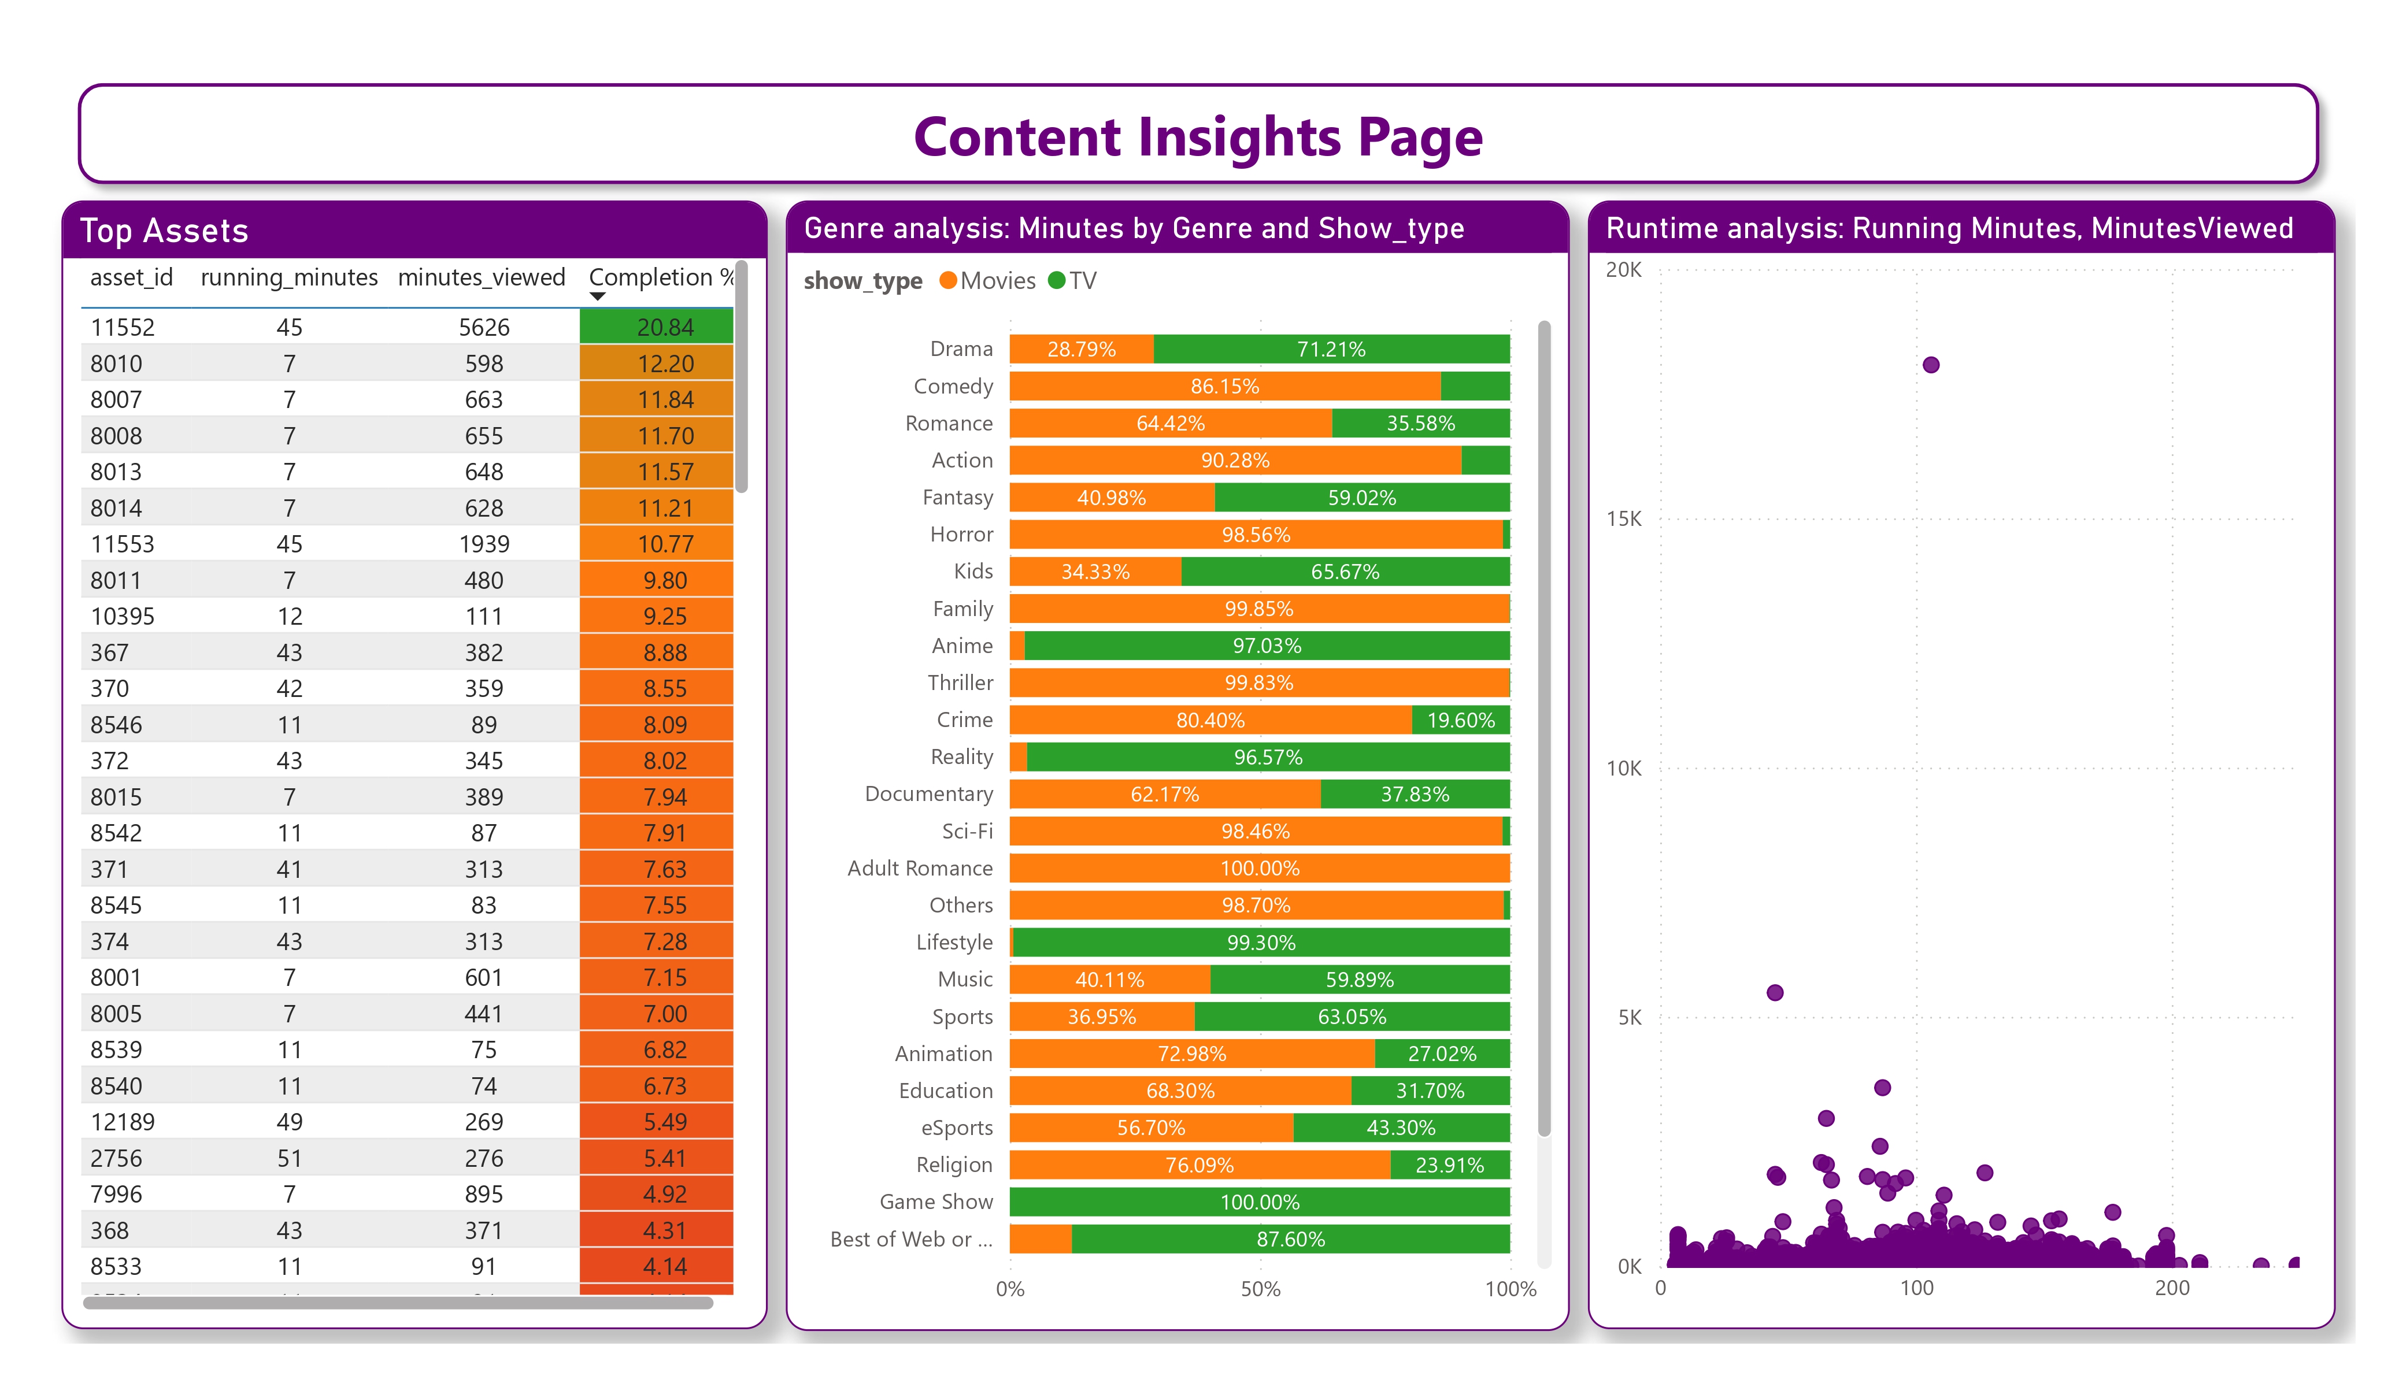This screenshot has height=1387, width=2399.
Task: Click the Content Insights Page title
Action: tap(1198, 136)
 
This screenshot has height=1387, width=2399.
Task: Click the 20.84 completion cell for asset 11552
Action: tap(664, 328)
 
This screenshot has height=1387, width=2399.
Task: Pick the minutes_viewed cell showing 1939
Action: tap(484, 544)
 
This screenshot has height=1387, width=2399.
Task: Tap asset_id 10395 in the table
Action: tap(122, 616)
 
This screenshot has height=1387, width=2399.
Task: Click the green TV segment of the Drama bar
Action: tap(1330, 350)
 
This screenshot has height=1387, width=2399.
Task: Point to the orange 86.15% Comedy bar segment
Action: tap(1224, 387)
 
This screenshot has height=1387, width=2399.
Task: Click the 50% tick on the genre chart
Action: tap(1260, 1289)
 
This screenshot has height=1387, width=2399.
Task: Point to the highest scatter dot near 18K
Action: tap(1931, 365)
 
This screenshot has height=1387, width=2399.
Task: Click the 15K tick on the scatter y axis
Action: tap(1623, 519)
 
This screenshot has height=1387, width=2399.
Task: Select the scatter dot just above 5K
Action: tap(1775, 993)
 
